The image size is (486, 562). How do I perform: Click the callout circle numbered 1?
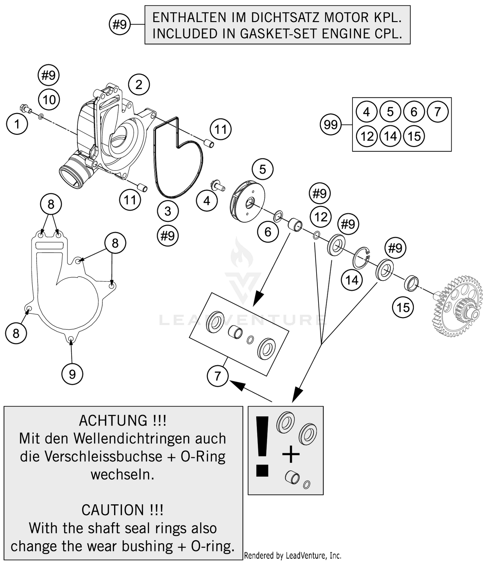click(17, 124)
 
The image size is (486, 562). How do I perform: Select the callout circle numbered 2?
click(139, 85)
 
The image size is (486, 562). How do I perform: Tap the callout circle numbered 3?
click(168, 211)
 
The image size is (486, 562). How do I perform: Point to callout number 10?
click(49, 100)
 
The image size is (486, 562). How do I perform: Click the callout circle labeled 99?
click(330, 125)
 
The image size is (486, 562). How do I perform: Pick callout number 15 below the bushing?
click(403, 307)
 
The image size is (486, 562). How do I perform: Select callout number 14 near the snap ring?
click(352, 280)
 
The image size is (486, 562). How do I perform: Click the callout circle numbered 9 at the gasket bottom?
click(72, 374)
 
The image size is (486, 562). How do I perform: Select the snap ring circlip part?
click(361, 258)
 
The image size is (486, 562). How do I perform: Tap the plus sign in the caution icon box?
click(291, 454)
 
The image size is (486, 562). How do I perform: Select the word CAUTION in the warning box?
click(112, 510)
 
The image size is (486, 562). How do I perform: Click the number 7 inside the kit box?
click(438, 112)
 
